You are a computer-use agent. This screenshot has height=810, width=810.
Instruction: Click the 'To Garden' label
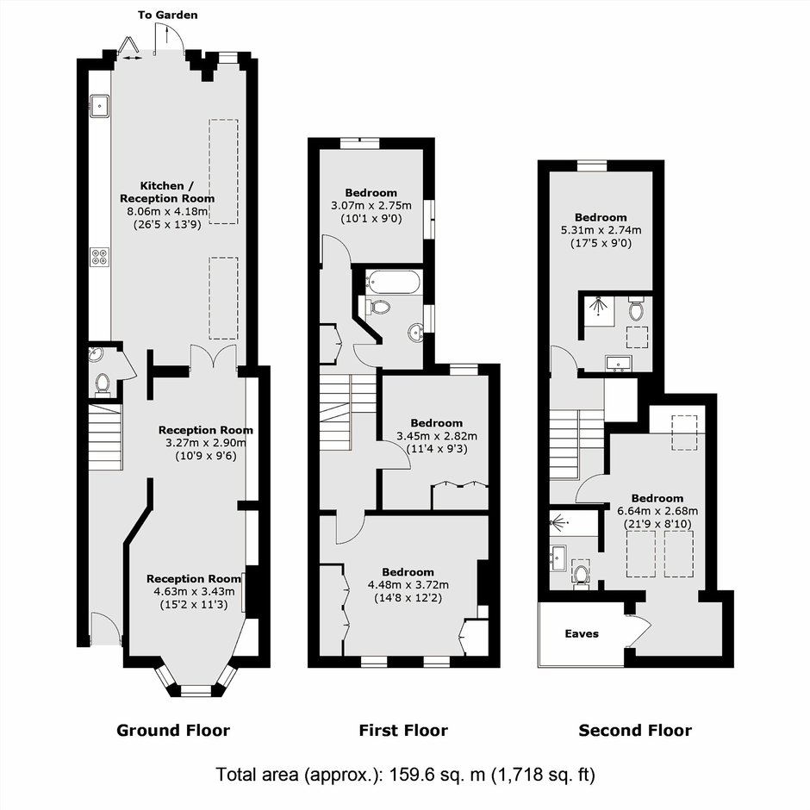(167, 15)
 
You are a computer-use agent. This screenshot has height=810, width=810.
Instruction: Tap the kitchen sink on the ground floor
(99, 106)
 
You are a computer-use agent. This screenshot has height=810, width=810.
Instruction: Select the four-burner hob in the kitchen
(100, 258)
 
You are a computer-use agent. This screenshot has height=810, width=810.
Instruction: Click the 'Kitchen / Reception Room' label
(167, 192)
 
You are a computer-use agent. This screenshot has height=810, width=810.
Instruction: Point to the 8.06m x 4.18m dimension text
(167, 211)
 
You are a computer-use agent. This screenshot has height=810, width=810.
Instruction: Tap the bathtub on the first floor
(394, 282)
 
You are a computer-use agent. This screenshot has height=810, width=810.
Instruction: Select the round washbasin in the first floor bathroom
(416, 332)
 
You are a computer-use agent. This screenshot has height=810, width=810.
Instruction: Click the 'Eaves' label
(582, 634)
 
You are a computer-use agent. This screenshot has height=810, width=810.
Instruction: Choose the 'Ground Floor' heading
(173, 731)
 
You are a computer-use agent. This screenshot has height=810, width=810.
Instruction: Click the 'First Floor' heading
(403, 731)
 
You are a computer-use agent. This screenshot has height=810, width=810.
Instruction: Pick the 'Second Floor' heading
(635, 731)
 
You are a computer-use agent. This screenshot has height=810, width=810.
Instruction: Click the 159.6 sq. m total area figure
(437, 775)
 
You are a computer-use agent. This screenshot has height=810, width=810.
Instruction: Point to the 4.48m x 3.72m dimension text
(408, 585)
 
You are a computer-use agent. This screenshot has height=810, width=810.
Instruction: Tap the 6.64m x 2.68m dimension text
(657, 511)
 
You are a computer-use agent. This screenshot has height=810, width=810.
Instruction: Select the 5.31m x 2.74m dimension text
(601, 230)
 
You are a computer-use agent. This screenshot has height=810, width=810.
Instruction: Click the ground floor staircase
(105, 437)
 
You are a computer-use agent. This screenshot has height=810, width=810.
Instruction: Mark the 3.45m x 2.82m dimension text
(437, 436)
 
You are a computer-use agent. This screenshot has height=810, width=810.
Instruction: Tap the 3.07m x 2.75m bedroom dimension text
(371, 206)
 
